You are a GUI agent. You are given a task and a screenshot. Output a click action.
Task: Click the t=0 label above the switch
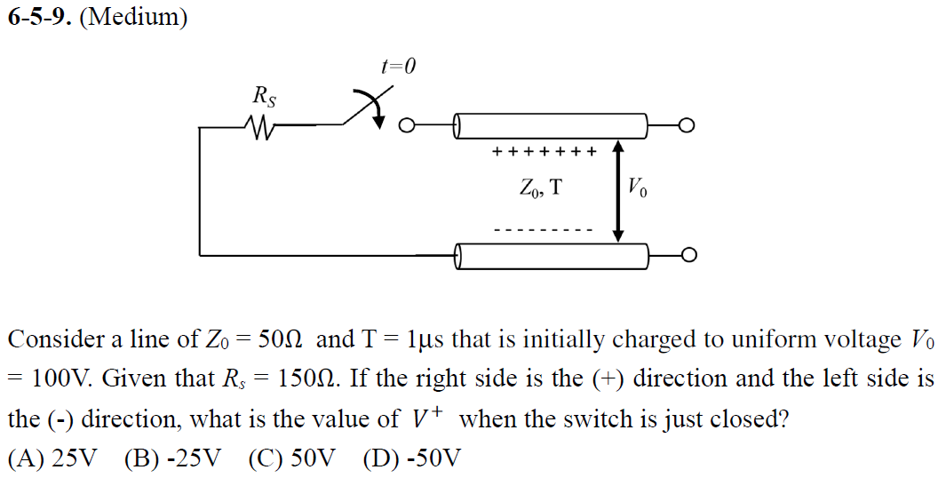(x=397, y=67)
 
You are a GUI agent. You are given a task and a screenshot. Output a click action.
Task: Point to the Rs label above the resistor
(x=265, y=95)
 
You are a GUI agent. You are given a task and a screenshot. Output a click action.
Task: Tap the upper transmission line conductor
(x=551, y=125)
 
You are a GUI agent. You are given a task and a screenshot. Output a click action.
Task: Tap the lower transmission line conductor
(x=551, y=256)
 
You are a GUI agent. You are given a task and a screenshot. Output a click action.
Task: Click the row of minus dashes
(x=543, y=230)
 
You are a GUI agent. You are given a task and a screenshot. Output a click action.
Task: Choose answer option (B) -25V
(x=172, y=458)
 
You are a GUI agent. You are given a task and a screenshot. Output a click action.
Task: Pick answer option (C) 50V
(x=292, y=458)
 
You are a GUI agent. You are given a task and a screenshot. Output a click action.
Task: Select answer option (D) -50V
(x=412, y=458)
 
